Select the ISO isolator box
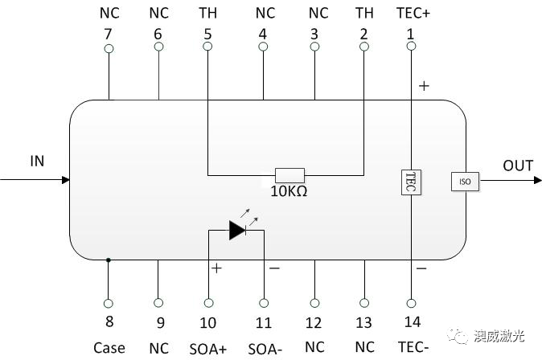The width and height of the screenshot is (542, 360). (x=464, y=182)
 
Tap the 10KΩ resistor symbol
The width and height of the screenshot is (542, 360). (x=289, y=174)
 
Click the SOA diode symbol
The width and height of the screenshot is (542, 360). (x=237, y=231)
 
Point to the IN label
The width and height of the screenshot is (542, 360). (x=37, y=162)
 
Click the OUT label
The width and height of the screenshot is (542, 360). (x=518, y=166)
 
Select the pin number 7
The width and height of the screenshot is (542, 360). (x=109, y=34)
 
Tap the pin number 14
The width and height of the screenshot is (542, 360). (x=412, y=323)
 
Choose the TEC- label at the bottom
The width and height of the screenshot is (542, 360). (x=412, y=348)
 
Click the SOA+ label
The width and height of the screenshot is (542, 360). (x=208, y=349)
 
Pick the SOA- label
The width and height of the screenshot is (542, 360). (x=264, y=349)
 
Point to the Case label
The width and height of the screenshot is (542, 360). (x=109, y=348)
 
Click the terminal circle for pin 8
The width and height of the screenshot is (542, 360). (x=109, y=303)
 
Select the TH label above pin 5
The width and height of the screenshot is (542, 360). (x=207, y=13)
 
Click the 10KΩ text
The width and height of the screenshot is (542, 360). (x=289, y=192)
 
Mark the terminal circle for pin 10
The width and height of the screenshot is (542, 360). (x=209, y=303)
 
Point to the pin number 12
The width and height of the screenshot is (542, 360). (x=314, y=323)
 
